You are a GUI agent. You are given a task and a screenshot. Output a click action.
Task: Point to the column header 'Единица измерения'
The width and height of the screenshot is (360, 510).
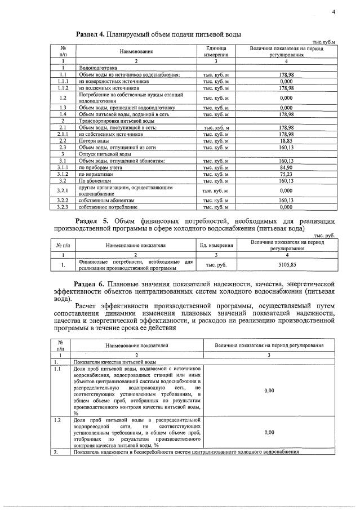tap(216, 52)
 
